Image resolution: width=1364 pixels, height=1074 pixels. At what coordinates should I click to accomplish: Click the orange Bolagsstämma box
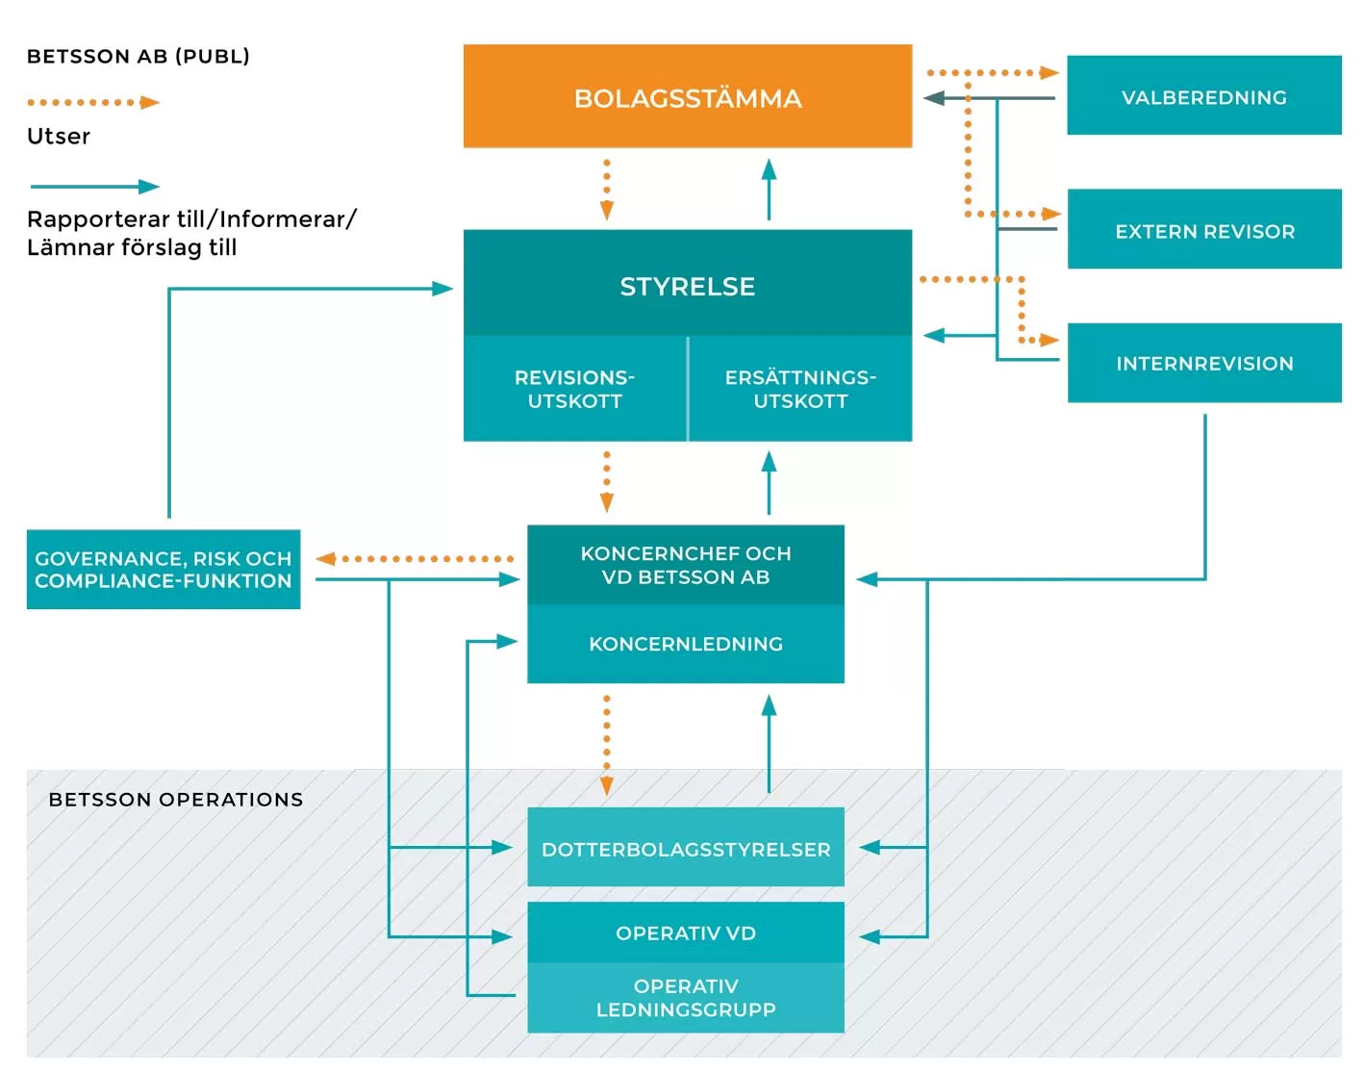pyautogui.click(x=687, y=96)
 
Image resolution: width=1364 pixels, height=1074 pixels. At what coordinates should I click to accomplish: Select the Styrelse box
pyautogui.click(x=687, y=284)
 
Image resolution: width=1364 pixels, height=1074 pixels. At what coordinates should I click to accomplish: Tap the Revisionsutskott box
pyautogui.click(x=574, y=389)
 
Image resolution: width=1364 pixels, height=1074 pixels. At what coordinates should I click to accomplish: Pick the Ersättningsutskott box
pyautogui.click(x=800, y=389)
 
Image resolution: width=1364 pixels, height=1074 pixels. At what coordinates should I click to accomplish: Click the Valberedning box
pyautogui.click(x=1203, y=96)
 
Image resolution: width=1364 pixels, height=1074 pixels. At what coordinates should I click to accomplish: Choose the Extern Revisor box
pyautogui.click(x=1203, y=230)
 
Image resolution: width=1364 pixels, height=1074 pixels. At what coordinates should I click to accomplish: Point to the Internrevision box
pyautogui.click(x=1203, y=363)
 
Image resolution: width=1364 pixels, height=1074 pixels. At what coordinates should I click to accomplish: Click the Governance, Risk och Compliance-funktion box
pyautogui.click(x=163, y=569)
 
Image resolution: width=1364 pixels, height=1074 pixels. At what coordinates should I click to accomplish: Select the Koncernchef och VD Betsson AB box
pyautogui.click(x=685, y=565)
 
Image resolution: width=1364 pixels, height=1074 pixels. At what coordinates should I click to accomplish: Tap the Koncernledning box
pyautogui.click(x=685, y=644)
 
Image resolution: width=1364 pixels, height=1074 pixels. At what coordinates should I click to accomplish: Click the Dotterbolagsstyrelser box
pyautogui.click(x=685, y=848)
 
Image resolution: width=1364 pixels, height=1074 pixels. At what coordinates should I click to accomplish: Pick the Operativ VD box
pyautogui.click(x=685, y=932)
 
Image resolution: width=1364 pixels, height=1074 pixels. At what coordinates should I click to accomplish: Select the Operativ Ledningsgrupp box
pyautogui.click(x=685, y=998)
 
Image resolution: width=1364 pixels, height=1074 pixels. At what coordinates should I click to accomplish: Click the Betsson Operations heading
pyautogui.click(x=175, y=800)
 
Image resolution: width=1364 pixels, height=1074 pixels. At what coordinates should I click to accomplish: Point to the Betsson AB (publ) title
pyautogui.click(x=138, y=56)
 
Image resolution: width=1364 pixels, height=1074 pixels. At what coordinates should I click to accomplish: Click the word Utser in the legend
pyautogui.click(x=58, y=136)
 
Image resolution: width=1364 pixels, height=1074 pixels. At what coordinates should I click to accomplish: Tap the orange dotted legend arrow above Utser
pyautogui.click(x=92, y=102)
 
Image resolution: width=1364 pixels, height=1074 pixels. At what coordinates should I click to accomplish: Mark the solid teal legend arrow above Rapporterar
pyautogui.click(x=93, y=187)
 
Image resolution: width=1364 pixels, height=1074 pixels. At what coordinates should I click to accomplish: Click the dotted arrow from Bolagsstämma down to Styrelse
pyautogui.click(x=606, y=190)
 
